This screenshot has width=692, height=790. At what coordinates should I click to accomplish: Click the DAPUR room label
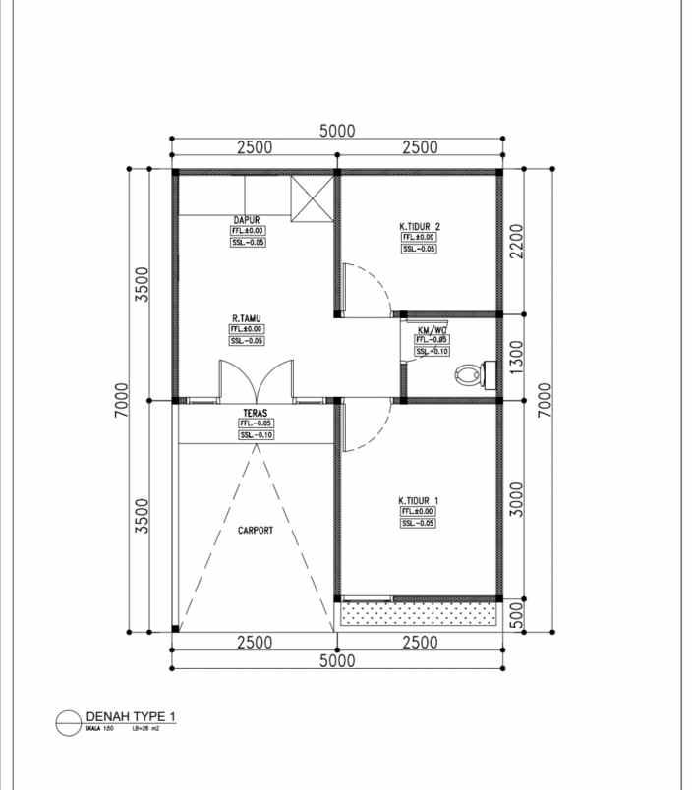tap(246, 220)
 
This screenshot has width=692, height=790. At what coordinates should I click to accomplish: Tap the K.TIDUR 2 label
tap(419, 226)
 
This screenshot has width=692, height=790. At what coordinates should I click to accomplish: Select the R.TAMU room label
tap(246, 318)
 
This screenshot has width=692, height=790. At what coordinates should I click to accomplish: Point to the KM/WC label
tap(432, 329)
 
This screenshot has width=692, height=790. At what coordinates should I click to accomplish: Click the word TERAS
tap(257, 413)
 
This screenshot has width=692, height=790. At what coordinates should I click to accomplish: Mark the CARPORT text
tap(255, 531)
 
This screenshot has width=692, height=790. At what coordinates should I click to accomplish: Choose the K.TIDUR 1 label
tap(419, 501)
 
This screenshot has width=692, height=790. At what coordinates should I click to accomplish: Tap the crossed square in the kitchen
tap(312, 199)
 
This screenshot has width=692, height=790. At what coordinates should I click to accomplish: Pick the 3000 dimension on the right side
tap(517, 499)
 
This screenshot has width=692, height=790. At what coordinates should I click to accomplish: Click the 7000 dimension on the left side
tap(121, 400)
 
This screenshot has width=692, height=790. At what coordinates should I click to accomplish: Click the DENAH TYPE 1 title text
tap(132, 716)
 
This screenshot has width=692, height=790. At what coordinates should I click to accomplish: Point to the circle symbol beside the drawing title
tap(67, 722)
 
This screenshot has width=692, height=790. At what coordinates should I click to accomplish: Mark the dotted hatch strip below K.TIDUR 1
tap(418, 613)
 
